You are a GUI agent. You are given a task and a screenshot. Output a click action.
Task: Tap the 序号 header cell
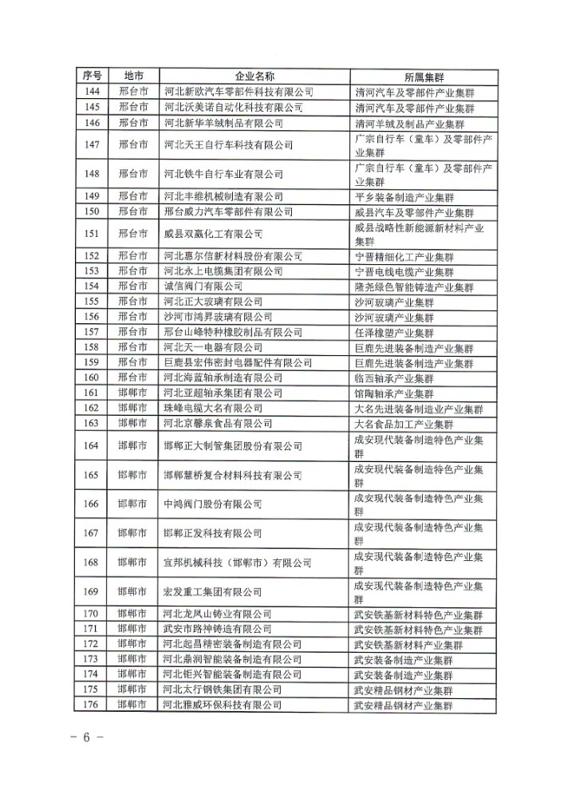pos(92,77)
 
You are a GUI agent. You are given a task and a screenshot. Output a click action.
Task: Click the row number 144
pos(92,92)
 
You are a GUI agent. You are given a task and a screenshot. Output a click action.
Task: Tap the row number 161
pos(92,393)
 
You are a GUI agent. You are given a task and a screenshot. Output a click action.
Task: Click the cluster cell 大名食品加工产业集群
pos(404,423)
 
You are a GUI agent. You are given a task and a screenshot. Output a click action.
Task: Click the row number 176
pos(92,705)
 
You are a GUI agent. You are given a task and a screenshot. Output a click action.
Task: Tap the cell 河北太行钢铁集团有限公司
pos(223,689)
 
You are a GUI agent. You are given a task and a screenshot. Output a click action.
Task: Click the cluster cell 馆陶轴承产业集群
pos(394,393)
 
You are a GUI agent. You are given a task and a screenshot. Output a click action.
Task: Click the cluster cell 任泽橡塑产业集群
pos(394,333)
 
